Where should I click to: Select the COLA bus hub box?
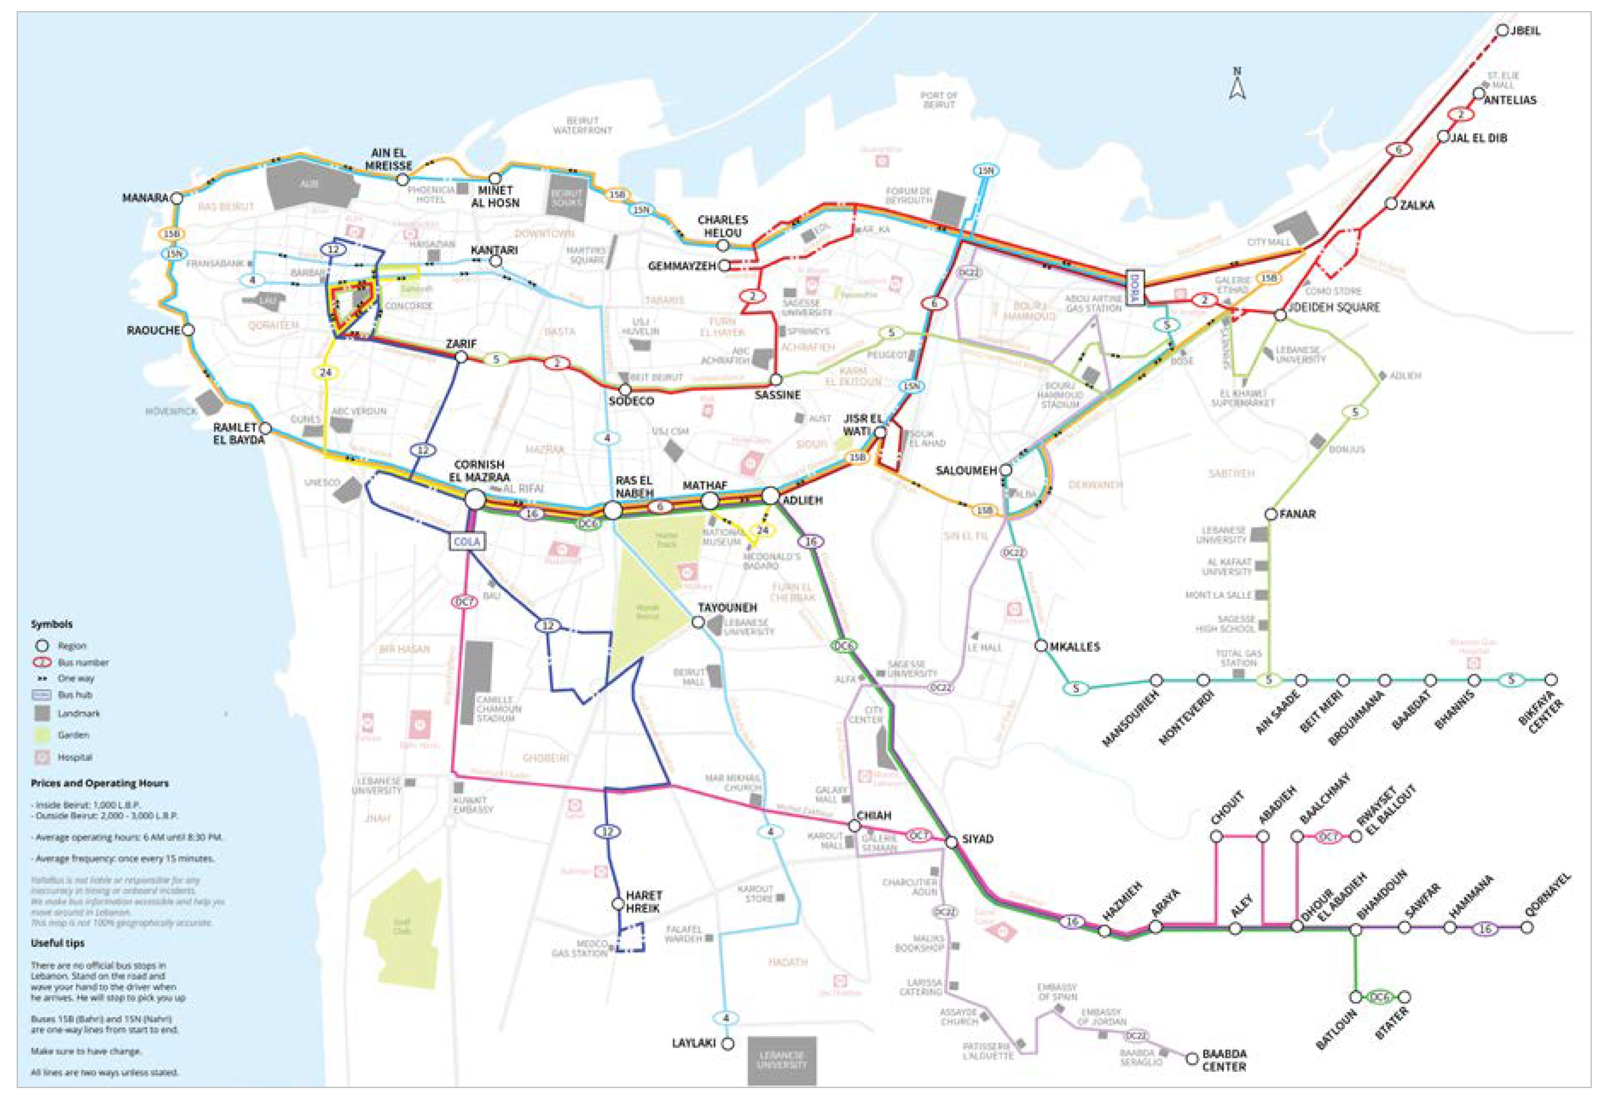[466, 541]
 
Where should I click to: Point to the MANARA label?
[145, 198]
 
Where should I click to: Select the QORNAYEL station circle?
[1527, 927]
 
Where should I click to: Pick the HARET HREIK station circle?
[618, 904]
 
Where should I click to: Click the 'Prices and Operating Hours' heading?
[99, 783]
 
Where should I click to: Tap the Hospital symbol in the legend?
[42, 757]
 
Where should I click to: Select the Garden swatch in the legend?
[42, 735]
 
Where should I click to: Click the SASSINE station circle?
[776, 380]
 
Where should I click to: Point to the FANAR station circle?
[1270, 514]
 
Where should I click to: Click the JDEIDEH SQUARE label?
[1334, 307]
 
